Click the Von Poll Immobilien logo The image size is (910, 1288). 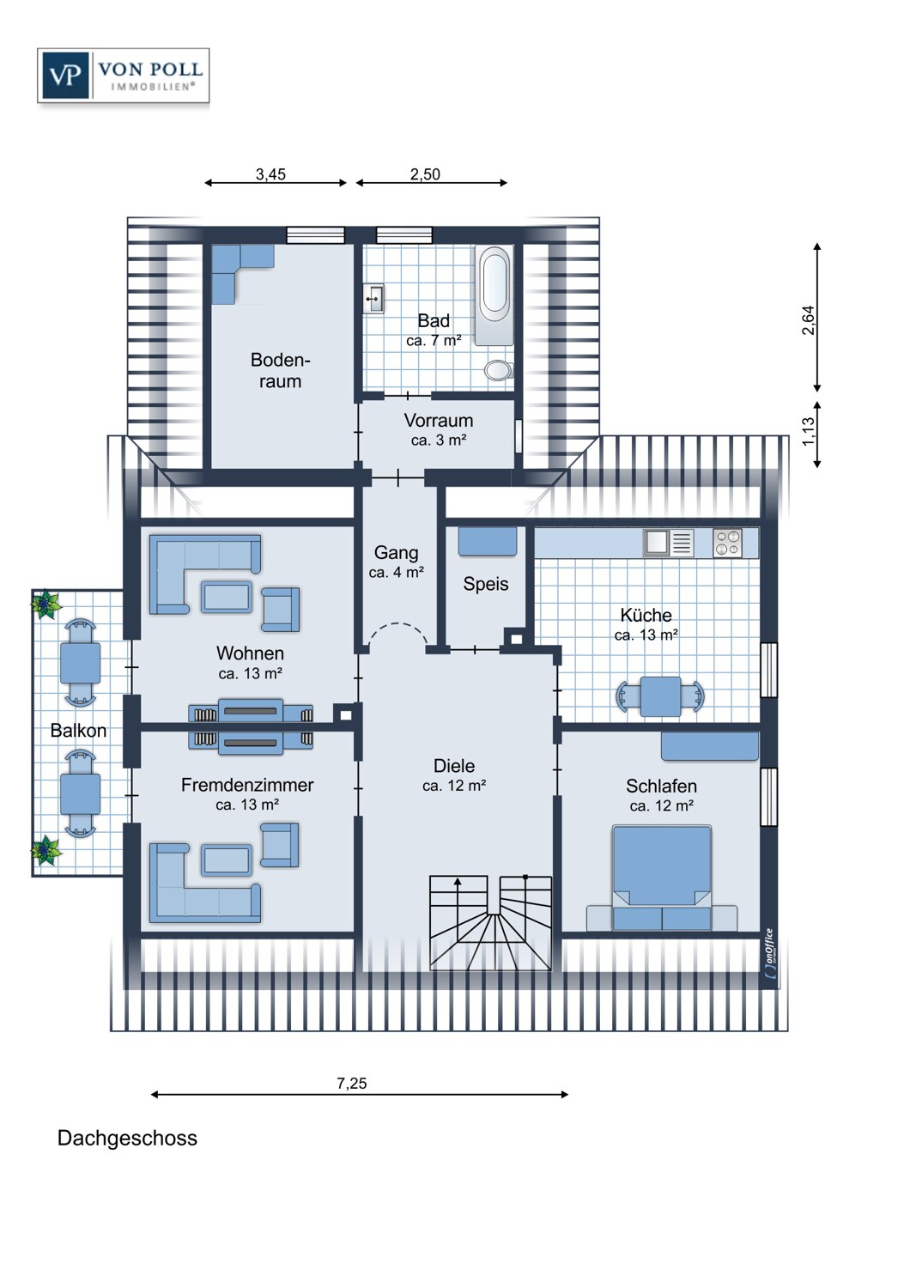124,76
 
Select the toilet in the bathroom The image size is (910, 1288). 497,370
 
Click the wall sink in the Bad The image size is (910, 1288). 373,300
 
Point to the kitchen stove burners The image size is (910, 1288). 727,544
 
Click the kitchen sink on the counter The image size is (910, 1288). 658,543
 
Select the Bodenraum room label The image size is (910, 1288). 280,371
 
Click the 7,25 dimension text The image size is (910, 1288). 351,1084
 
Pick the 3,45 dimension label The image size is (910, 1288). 270,174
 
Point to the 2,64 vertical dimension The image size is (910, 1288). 808,319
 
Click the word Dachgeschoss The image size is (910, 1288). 127,1139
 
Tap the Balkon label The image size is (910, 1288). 78,731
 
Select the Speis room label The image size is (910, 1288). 486,584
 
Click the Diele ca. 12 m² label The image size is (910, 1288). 454,775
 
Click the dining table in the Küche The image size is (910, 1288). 661,696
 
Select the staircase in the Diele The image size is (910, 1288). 490,923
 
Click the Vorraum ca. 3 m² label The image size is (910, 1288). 439,429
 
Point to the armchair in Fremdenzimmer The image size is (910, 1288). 280,844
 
